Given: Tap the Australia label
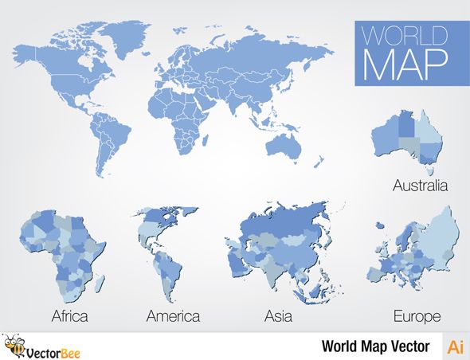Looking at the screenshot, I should pos(420,185).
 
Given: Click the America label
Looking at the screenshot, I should pos(173,316).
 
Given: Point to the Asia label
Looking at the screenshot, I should pos(278,316).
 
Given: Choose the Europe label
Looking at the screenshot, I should pos(417,316).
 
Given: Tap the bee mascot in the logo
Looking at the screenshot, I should pos(14,346).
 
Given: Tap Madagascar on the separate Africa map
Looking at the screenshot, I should pos(100,281).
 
